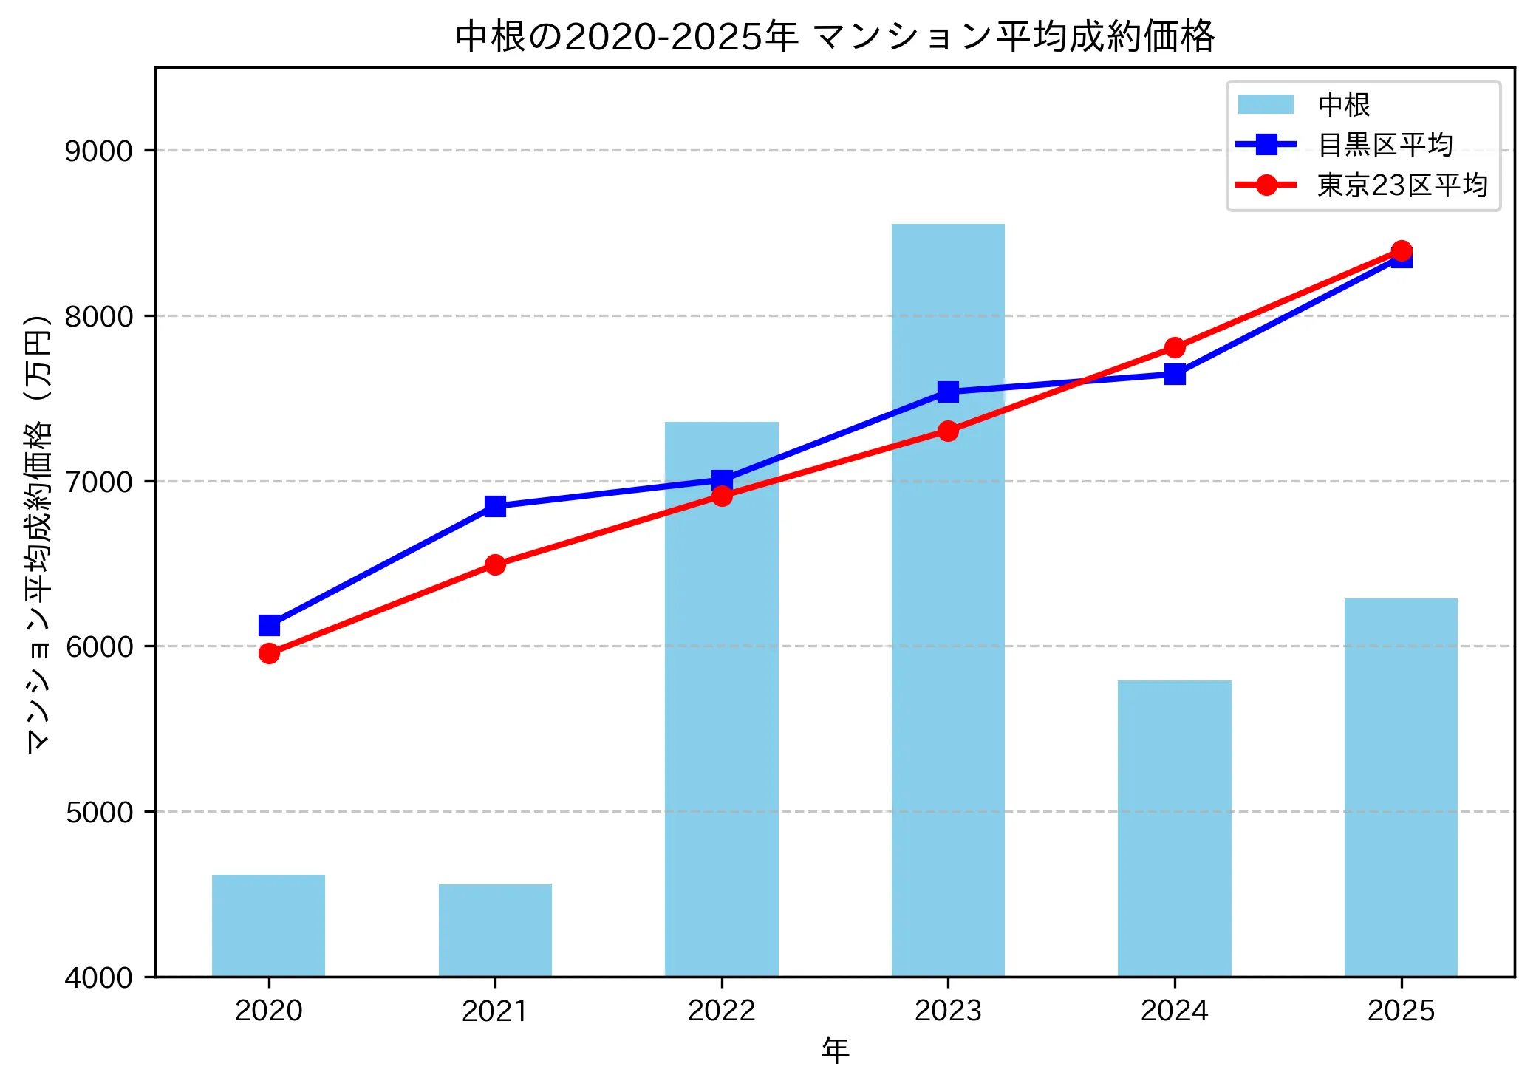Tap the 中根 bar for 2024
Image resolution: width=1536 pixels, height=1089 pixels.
pos(1174,828)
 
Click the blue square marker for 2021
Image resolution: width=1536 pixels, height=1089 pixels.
pos(495,506)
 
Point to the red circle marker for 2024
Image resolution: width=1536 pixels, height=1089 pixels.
pos(1175,347)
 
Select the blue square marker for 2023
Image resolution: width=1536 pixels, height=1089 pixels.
pos(948,392)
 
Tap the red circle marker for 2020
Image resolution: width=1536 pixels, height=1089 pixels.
pos(269,653)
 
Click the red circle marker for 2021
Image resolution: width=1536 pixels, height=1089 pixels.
pos(495,564)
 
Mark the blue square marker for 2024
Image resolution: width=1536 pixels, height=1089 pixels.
pos(1175,375)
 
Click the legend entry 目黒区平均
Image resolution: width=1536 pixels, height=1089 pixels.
pos(1385,145)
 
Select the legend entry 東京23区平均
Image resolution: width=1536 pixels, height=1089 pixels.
pos(1402,185)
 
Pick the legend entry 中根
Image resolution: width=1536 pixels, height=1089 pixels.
pos(1344,105)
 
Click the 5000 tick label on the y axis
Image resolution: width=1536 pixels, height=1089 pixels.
pos(98,812)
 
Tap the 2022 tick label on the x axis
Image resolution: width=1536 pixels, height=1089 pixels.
pos(721,1010)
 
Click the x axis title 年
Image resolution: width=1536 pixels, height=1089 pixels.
pos(835,1050)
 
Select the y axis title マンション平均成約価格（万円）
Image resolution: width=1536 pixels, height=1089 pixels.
pos(38,533)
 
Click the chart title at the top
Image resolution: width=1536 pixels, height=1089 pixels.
pos(835,35)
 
